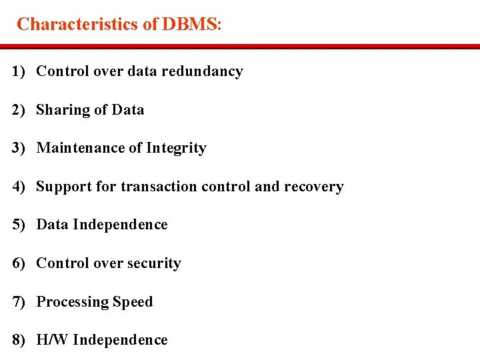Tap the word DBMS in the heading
pos(189,25)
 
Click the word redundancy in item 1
pos(207,71)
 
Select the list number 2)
pos(19,110)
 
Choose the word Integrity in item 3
pos(175,148)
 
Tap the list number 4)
pos(19,187)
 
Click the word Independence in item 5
pos(120,225)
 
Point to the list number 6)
pos(19,263)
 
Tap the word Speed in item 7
pos(133,302)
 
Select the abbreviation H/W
pos(53,340)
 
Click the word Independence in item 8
pos(120,340)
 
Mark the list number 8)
pos(19,340)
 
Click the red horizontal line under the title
pos(240,47)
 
